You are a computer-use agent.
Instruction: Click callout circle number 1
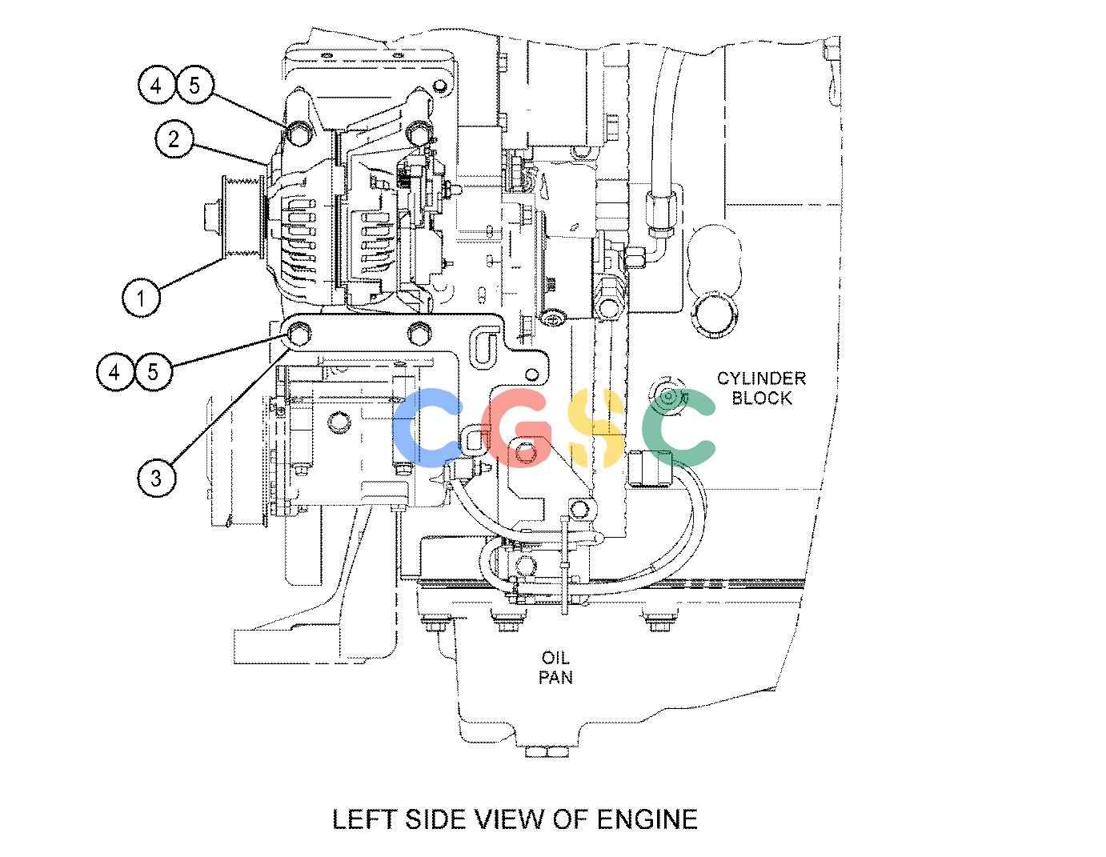pos(141,298)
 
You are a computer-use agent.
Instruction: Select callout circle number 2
pos(174,139)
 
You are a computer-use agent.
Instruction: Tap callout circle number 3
pos(156,478)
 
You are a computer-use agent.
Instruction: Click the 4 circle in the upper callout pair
pos(156,85)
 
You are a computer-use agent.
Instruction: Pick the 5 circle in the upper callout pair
pos(195,85)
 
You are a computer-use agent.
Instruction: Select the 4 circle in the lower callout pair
pos(115,372)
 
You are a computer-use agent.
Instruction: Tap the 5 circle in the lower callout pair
pos(153,372)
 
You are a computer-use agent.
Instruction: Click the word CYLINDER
pos(761,378)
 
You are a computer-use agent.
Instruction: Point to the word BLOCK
pos(762,398)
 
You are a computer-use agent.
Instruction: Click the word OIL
pos(555,658)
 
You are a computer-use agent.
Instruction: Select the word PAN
pos(555,678)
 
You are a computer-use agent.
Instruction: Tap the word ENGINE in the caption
pos(647,819)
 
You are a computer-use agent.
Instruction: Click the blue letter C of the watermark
pos(427,427)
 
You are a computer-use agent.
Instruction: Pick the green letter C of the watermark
pos(678,427)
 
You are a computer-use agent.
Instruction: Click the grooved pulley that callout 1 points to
pos(242,218)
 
